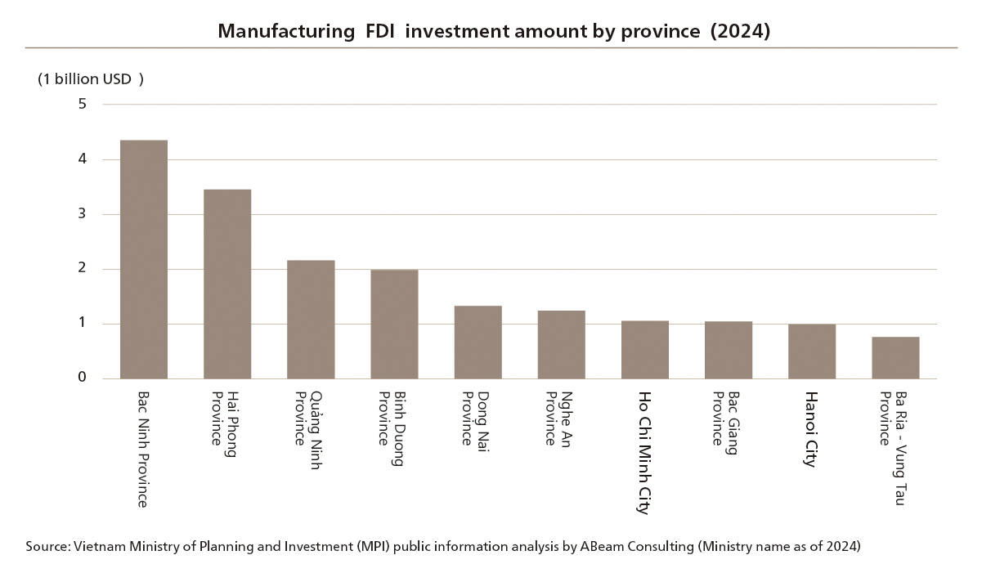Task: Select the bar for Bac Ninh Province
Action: coord(144,259)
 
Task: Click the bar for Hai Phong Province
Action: coord(227,284)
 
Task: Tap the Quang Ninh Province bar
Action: coord(311,320)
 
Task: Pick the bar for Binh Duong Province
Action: coord(394,324)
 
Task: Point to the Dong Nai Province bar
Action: coord(478,342)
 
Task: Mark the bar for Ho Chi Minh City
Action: coord(645,350)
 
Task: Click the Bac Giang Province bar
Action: coord(729,350)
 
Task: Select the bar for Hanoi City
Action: coord(812,351)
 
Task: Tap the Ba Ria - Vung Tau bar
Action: coord(895,357)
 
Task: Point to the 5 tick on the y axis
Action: coord(83,104)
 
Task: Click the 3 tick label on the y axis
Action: coord(83,214)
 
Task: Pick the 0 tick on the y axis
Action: coord(83,378)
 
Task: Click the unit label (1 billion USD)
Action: coord(90,79)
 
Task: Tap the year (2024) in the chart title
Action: coord(740,31)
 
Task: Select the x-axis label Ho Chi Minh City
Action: coord(644,453)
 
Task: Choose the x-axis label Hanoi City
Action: coord(811,429)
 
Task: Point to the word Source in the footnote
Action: coord(47,547)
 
